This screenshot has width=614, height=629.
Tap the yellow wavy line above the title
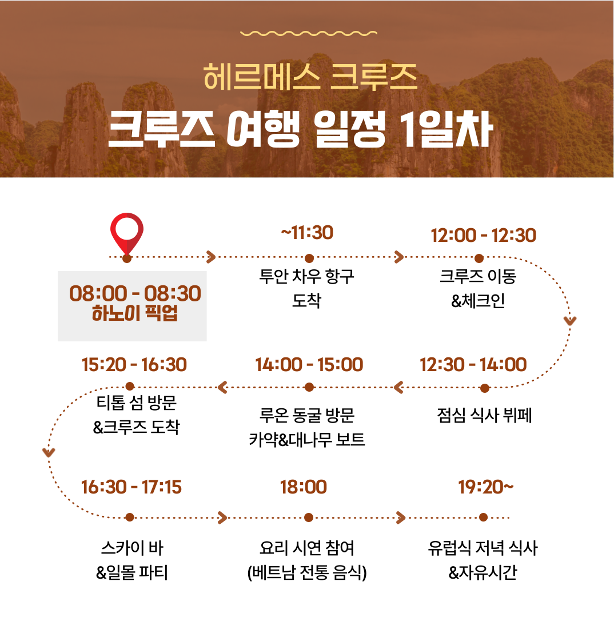(x=309, y=33)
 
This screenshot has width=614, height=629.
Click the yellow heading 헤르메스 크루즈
(x=310, y=77)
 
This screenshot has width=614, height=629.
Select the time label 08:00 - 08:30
(x=135, y=293)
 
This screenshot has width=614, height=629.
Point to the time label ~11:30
(x=307, y=233)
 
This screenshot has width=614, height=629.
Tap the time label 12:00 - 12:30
(x=483, y=236)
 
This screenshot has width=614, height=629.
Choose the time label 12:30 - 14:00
(x=473, y=365)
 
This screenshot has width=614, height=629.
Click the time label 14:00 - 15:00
(x=309, y=365)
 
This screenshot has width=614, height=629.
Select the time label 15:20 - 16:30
(x=134, y=365)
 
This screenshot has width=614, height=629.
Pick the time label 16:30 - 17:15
(x=131, y=487)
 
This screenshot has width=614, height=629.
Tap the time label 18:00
(x=304, y=487)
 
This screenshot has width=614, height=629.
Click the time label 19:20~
(x=486, y=487)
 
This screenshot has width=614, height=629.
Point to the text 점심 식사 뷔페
(x=484, y=415)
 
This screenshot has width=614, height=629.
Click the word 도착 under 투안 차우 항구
(x=307, y=300)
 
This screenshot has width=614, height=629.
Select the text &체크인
(x=478, y=300)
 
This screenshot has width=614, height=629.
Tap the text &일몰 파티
(x=132, y=572)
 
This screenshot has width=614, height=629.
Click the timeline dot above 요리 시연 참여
(x=308, y=517)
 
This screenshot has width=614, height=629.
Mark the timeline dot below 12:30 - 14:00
(x=485, y=388)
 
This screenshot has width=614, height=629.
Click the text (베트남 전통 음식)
(x=307, y=572)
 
